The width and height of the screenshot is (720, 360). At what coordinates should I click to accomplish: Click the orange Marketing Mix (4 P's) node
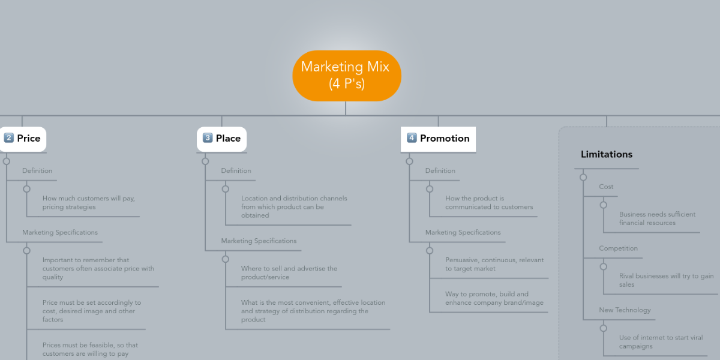pyautogui.click(x=346, y=76)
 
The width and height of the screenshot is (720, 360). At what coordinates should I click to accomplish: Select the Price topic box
pyautogui.click(x=23, y=139)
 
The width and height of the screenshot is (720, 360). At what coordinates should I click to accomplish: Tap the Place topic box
pyautogui.click(x=221, y=139)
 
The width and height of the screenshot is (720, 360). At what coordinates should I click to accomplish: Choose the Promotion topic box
pyautogui.click(x=438, y=139)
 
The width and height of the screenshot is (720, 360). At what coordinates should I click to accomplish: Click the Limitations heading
pyautogui.click(x=606, y=154)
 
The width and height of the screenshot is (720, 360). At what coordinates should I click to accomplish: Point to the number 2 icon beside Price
pyautogui.click(x=9, y=138)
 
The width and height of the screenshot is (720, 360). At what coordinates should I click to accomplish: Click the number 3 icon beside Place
pyautogui.click(x=208, y=138)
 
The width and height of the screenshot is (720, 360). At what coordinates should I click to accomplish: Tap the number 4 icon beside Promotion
pyautogui.click(x=412, y=138)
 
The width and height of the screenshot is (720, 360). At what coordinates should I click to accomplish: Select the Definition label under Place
pyautogui.click(x=236, y=171)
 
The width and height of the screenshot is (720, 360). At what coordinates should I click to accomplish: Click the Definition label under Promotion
pyautogui.click(x=440, y=171)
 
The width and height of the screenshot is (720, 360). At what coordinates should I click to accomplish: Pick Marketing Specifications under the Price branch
pyautogui.click(x=60, y=233)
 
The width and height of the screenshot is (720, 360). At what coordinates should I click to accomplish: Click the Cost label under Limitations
pyautogui.click(x=606, y=187)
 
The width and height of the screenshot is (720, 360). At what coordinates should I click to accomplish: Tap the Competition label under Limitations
pyautogui.click(x=618, y=248)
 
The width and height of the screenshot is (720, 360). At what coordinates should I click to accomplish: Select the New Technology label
pyautogui.click(x=625, y=310)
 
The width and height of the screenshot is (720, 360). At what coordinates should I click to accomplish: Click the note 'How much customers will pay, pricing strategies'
pyautogui.click(x=84, y=203)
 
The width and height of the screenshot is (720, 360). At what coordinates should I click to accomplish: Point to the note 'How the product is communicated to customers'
pyautogui.click(x=489, y=203)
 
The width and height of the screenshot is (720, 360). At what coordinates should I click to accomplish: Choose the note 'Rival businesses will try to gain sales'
pyautogui.click(x=667, y=280)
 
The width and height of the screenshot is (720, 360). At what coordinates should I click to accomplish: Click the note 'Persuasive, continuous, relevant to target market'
pyautogui.click(x=494, y=265)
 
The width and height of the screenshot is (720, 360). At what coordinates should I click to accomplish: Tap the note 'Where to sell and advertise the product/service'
pyautogui.click(x=289, y=273)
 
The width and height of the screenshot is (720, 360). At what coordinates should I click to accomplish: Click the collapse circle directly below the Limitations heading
pyautogui.click(x=583, y=177)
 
